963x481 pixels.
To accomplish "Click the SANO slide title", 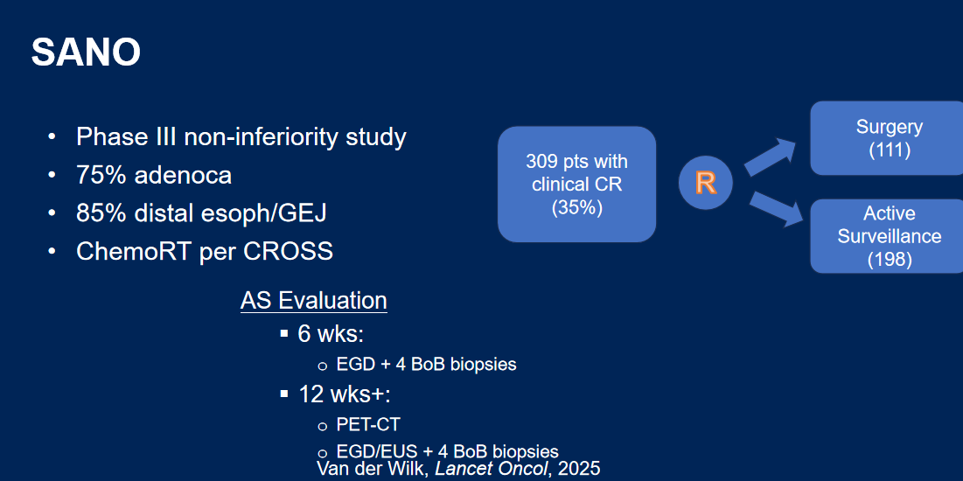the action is click(x=86, y=52).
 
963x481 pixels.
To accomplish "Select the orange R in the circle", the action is click(x=706, y=183).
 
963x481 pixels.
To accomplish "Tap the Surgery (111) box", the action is click(x=888, y=138).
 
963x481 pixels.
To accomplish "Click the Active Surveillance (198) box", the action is click(x=888, y=236).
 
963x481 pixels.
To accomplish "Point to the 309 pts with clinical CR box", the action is click(x=576, y=185).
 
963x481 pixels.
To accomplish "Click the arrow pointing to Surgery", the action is click(x=771, y=157).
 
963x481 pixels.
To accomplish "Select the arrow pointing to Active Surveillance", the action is click(x=777, y=209).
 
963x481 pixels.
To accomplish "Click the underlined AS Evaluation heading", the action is click(x=314, y=301).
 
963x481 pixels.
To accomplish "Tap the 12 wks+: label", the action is click(x=344, y=394).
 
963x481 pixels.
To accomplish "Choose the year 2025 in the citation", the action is click(x=577, y=468).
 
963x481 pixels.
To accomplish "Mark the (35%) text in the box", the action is click(x=576, y=207).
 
